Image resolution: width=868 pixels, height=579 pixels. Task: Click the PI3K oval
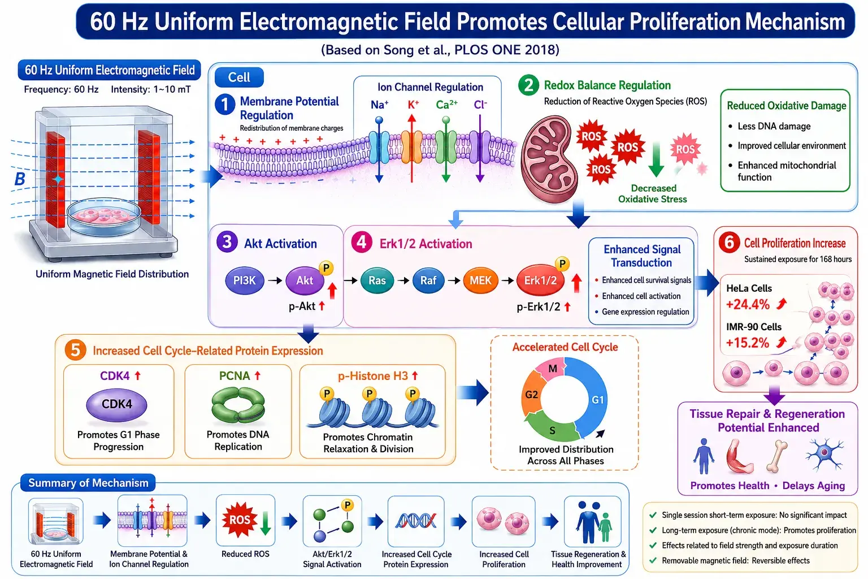click(x=245, y=280)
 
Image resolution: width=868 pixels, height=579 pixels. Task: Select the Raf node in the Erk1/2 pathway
click(x=428, y=280)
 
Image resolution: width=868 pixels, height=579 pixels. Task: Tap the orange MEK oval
click(x=480, y=280)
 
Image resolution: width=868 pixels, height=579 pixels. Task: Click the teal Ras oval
click(x=377, y=280)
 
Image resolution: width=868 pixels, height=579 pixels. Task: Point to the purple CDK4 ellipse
click(x=116, y=404)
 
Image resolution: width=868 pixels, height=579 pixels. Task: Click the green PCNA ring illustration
click(x=238, y=405)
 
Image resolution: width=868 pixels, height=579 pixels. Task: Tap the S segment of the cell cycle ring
click(x=552, y=429)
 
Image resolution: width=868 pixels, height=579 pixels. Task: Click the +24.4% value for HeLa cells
click(x=748, y=304)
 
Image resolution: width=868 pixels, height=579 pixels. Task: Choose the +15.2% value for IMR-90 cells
click(x=748, y=343)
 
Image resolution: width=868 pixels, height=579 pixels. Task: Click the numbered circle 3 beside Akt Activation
click(x=227, y=242)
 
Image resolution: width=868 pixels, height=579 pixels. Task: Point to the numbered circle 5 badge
click(x=75, y=350)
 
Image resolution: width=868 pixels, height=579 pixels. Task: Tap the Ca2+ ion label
click(x=446, y=105)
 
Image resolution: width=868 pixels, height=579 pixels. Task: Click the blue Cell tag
click(x=239, y=77)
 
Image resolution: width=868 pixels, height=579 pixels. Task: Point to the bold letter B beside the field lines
click(x=20, y=179)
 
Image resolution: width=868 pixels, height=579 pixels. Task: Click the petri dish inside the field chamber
click(x=104, y=218)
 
